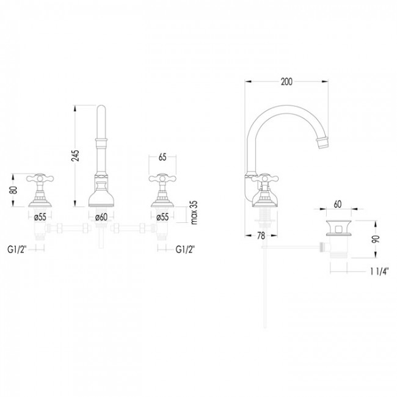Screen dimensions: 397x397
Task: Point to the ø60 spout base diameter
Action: [x=101, y=216]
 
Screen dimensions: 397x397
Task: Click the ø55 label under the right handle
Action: [x=162, y=216]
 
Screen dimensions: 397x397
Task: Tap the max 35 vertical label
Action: [x=193, y=211]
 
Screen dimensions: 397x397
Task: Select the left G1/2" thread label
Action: [x=17, y=249]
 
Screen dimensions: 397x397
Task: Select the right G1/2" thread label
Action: [x=186, y=249]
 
